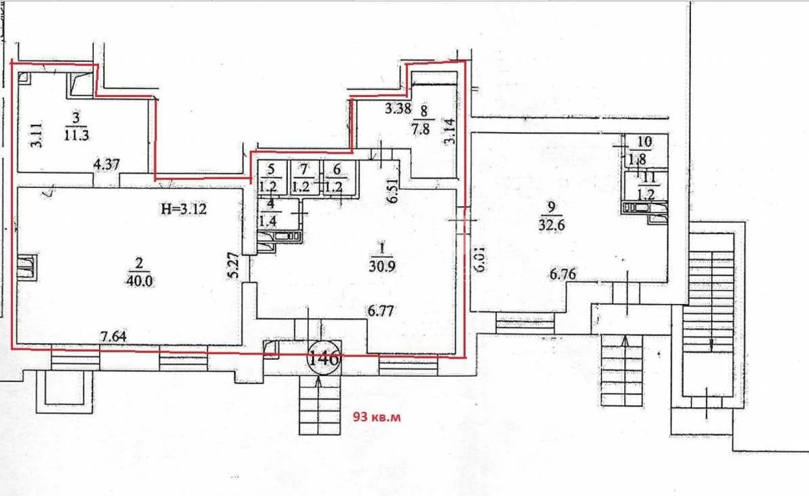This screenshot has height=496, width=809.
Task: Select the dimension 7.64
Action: click(114, 336)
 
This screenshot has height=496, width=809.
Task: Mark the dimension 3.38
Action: click(398, 108)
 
